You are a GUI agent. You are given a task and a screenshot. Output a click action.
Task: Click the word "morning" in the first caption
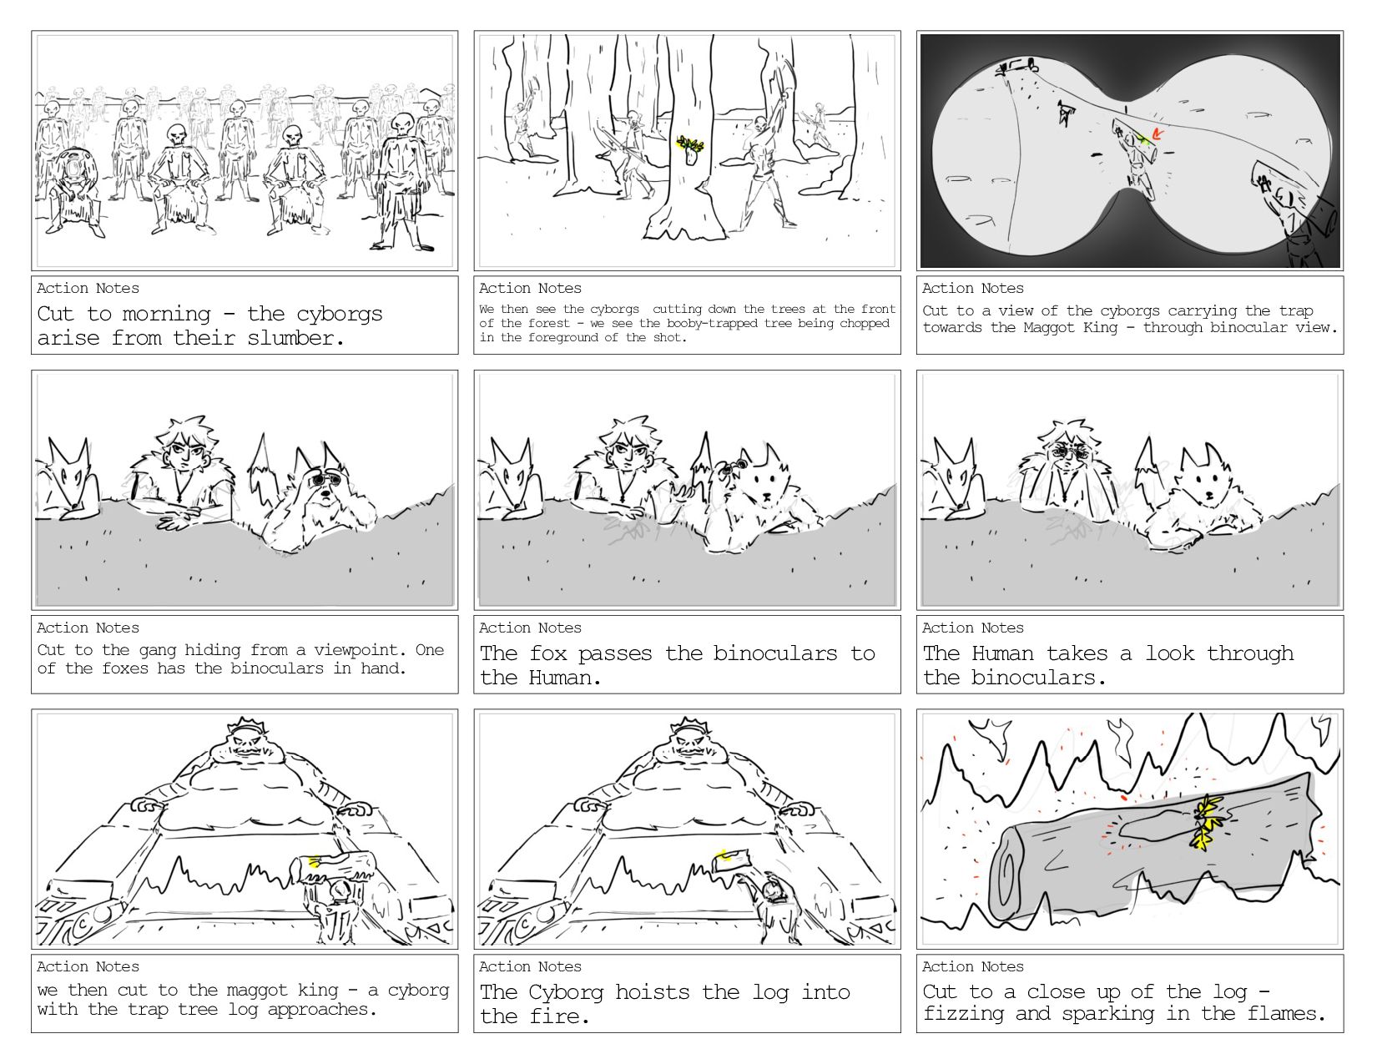click(166, 315)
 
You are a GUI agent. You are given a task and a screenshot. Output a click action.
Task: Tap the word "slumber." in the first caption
click(295, 339)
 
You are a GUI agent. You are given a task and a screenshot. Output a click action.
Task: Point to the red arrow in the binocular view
click(1157, 134)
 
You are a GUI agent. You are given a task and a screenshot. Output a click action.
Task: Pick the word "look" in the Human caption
click(1169, 653)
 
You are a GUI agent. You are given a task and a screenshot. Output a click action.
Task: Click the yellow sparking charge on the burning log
click(1205, 822)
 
